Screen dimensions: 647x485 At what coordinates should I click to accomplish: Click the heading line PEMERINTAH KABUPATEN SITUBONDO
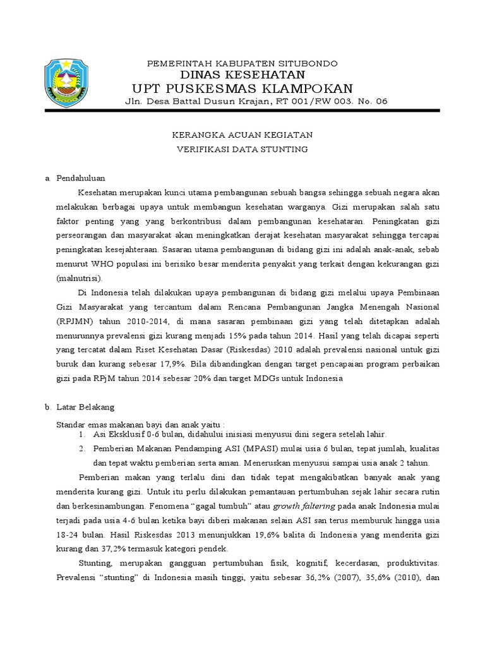pos(242,64)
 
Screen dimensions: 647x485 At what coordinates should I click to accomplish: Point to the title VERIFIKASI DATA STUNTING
pos(242,149)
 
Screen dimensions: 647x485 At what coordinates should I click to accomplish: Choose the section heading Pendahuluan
pos(81,178)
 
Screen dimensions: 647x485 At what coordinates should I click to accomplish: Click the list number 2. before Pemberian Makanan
pos(82,449)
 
